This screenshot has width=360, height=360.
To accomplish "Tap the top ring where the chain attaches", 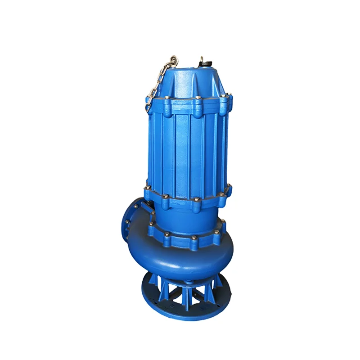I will pos(173,59).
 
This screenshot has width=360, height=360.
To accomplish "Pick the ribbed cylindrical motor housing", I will pos(189,148).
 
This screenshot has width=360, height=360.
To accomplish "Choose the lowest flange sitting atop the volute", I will pos(189,238).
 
